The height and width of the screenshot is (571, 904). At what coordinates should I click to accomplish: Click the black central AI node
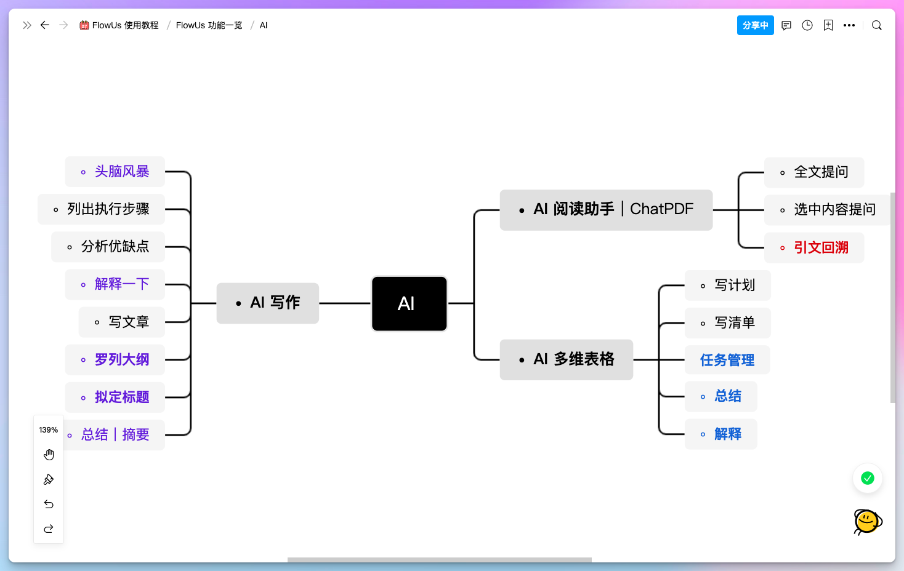(x=409, y=303)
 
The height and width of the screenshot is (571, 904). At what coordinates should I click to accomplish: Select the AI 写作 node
(x=268, y=303)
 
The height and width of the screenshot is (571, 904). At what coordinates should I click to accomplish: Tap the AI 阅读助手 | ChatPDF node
(x=606, y=210)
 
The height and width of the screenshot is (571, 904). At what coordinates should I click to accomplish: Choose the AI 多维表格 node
(x=566, y=359)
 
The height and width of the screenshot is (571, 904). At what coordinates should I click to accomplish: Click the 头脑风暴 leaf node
(x=115, y=172)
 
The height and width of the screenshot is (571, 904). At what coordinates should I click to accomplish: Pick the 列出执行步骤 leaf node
(x=102, y=209)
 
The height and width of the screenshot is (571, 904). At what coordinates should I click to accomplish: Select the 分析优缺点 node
(x=108, y=247)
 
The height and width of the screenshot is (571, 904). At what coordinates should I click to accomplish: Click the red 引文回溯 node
(x=814, y=247)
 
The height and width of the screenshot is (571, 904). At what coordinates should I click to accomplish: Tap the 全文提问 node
(x=814, y=172)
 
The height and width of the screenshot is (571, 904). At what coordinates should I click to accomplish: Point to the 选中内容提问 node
(x=827, y=210)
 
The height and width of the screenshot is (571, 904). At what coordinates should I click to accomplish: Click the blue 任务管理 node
(x=727, y=360)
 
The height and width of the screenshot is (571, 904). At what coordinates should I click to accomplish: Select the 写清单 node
(x=728, y=322)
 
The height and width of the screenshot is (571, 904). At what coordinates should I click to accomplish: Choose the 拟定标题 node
(x=115, y=397)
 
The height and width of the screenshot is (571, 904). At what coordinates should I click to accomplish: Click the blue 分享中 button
(x=755, y=25)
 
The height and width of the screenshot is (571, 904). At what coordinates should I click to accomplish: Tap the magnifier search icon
(x=877, y=25)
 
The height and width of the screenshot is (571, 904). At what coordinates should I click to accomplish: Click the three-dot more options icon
(x=849, y=25)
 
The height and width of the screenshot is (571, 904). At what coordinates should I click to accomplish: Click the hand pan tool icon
(x=49, y=455)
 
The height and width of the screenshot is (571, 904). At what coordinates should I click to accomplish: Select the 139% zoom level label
(x=49, y=430)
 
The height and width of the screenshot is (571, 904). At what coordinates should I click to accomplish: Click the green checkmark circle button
(x=868, y=478)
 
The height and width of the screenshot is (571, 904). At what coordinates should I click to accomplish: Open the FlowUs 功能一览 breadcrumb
(x=209, y=25)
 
